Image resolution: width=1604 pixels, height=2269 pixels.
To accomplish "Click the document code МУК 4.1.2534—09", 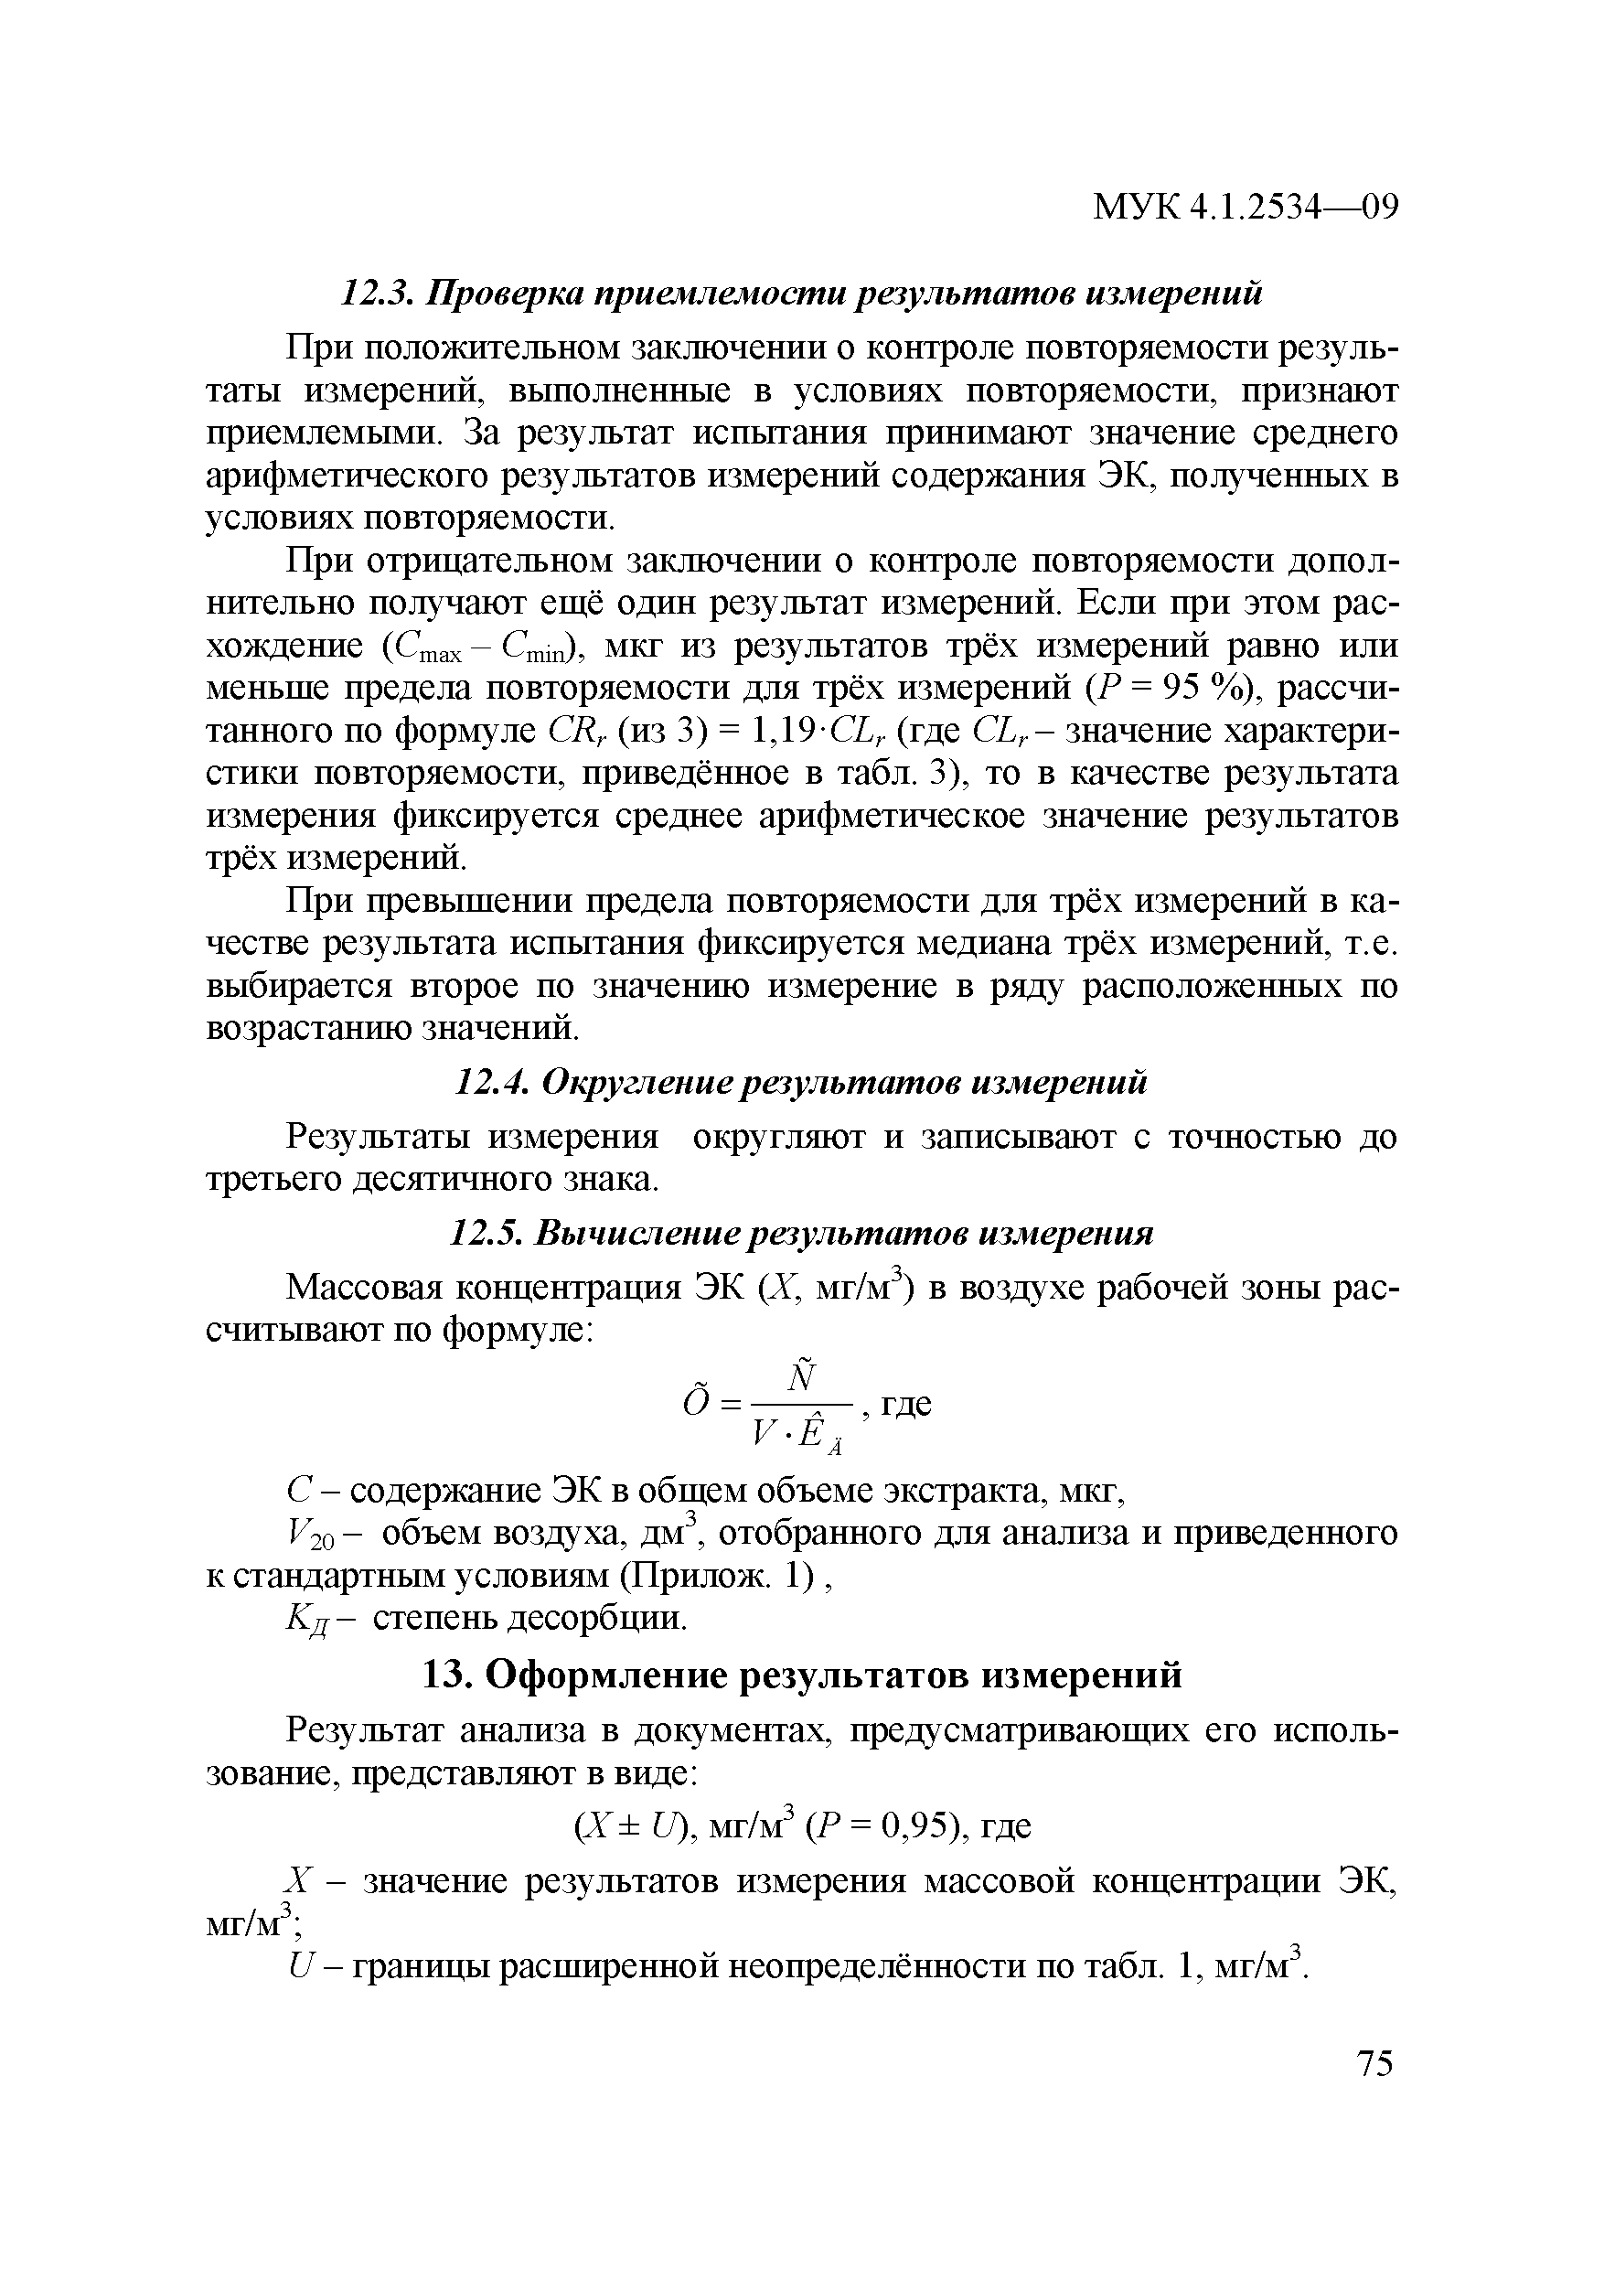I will click(x=1246, y=208).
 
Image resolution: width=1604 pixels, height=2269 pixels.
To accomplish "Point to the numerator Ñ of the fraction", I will click(x=803, y=1376).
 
